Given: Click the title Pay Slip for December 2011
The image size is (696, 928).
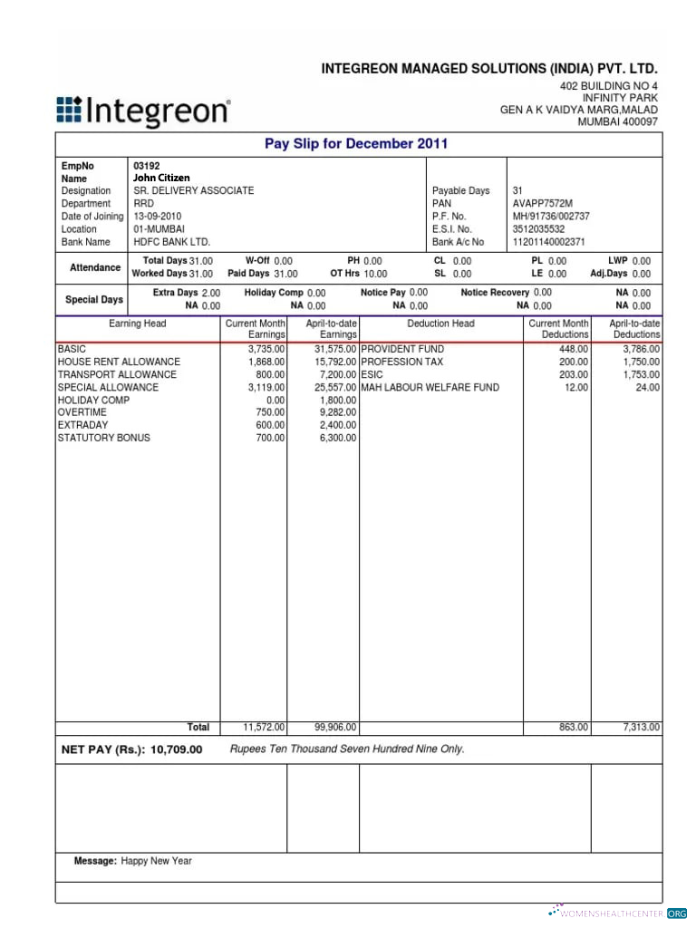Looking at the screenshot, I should click(x=356, y=143).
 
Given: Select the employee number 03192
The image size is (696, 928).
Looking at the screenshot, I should click(x=146, y=167).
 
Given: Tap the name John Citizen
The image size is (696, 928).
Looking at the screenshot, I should click(x=161, y=179).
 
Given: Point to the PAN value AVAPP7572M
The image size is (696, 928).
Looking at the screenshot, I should click(x=543, y=204).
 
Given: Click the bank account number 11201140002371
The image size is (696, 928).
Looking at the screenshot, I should click(x=549, y=242).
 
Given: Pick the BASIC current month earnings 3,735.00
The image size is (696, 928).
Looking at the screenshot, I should click(x=266, y=349).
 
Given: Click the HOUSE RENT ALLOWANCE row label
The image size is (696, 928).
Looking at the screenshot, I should click(x=119, y=362).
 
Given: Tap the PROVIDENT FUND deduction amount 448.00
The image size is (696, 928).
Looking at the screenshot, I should click(x=574, y=349).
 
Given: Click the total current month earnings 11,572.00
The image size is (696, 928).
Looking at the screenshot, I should click(x=265, y=727).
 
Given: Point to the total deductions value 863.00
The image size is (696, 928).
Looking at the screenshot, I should click(x=574, y=727).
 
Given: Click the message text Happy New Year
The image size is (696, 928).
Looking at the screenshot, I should click(x=157, y=861).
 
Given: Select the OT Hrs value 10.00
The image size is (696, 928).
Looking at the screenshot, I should click(x=375, y=274).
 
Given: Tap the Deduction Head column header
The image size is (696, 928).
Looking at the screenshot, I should click(x=440, y=324).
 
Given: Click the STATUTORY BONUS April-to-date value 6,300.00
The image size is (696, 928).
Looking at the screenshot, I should click(x=338, y=438).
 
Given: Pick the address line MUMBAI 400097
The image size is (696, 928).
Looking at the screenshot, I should click(x=617, y=122).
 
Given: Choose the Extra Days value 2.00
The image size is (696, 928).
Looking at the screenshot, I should click(x=210, y=294).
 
